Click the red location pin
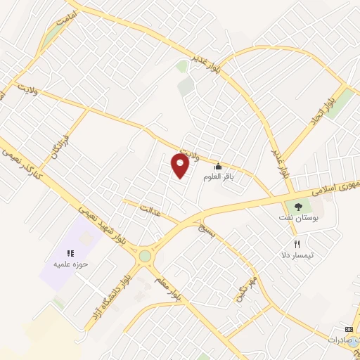pyautogui.click(x=181, y=166)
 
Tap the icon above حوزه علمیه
pyautogui.click(x=70, y=253)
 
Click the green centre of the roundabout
pyautogui.click(x=145, y=256)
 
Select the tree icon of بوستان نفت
pyautogui.click(x=299, y=207)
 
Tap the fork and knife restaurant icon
pyautogui.click(x=297, y=243)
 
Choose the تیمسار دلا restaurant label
pyautogui.click(x=297, y=255)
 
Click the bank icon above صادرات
pyautogui.click(x=348, y=328)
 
